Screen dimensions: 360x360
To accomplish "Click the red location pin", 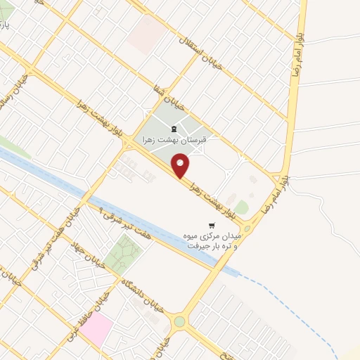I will pyautogui.click(x=181, y=167).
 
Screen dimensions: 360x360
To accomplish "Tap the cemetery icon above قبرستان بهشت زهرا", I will pyautogui.click(x=174, y=128).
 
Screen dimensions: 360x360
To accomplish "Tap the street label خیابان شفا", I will pyautogui.click(x=169, y=98).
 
